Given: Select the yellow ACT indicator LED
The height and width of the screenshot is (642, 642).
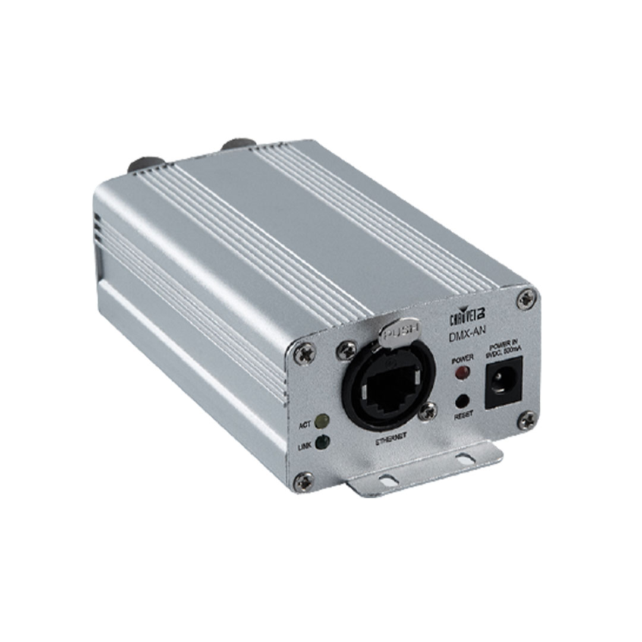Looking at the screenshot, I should [x=322, y=421].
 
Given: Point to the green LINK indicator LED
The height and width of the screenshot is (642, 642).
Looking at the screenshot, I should [x=322, y=442].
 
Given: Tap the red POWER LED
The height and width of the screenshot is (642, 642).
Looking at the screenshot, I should [x=461, y=373].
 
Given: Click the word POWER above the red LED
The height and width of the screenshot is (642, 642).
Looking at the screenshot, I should [x=462, y=358].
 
